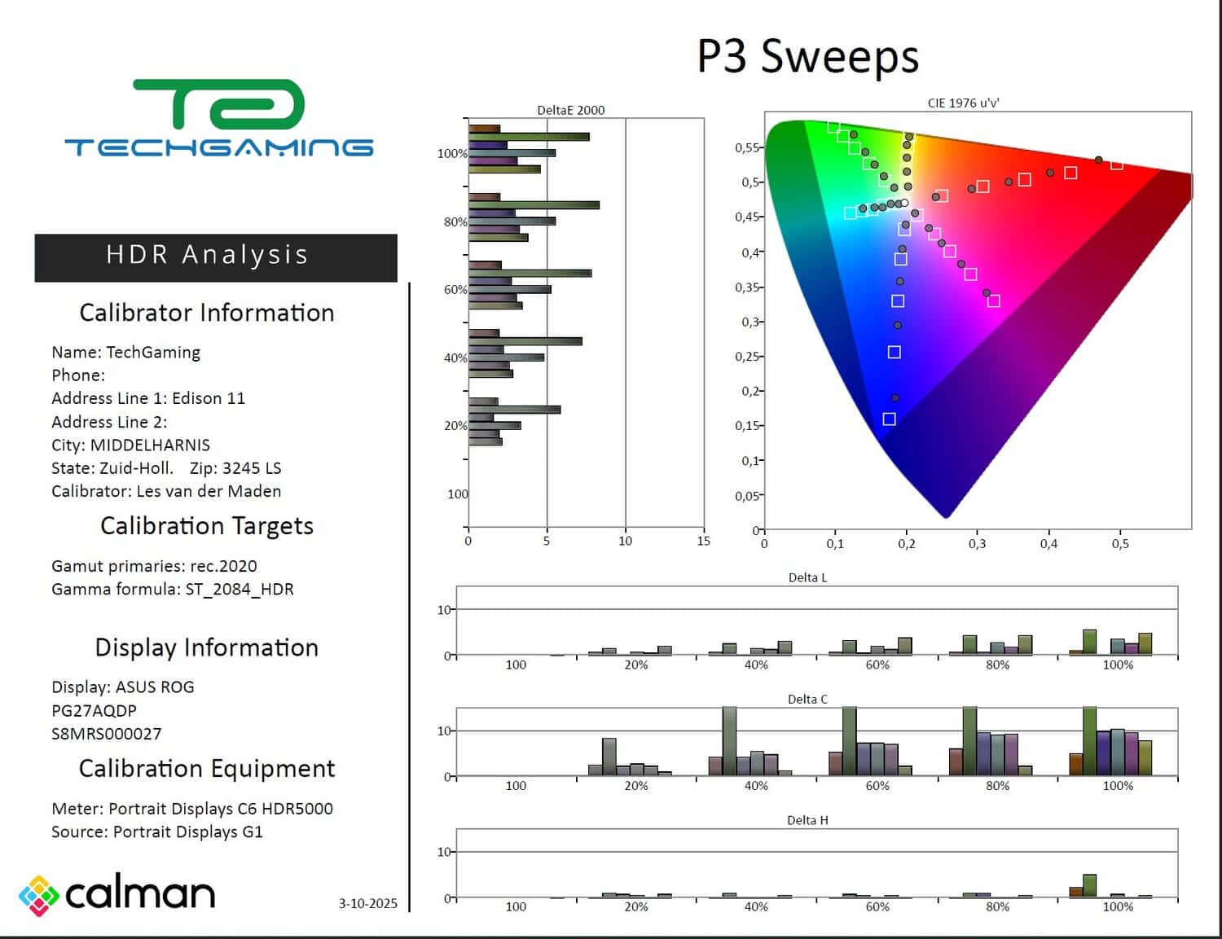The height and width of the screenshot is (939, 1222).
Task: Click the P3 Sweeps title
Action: pyautogui.click(x=807, y=57)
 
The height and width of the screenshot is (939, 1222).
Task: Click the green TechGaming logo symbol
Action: pyautogui.click(x=218, y=104)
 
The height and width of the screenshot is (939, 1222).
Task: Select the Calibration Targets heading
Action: pyautogui.click(x=207, y=526)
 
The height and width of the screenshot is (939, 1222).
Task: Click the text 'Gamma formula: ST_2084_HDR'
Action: pyautogui.click(x=173, y=589)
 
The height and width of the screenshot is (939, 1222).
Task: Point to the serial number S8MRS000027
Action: pyautogui.click(x=107, y=734)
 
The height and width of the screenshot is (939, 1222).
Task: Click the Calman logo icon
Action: pyautogui.click(x=38, y=895)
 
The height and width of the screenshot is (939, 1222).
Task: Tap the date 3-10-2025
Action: pyautogui.click(x=368, y=903)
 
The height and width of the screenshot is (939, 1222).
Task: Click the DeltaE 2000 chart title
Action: pyautogui.click(x=571, y=110)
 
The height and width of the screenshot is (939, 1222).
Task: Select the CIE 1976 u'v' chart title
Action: pyautogui.click(x=964, y=103)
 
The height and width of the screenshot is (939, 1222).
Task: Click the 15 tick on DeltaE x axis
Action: pyautogui.click(x=704, y=541)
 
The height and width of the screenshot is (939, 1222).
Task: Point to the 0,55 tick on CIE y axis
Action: pyautogui.click(x=747, y=147)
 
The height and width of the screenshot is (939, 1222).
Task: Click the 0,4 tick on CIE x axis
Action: pyautogui.click(x=1048, y=544)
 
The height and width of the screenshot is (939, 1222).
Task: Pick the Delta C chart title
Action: pyautogui.click(x=807, y=699)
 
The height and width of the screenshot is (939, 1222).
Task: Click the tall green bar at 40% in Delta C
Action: pyautogui.click(x=729, y=741)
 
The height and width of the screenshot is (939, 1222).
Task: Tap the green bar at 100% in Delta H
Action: pyautogui.click(x=1089, y=885)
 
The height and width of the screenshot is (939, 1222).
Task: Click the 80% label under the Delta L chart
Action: pyautogui.click(x=997, y=665)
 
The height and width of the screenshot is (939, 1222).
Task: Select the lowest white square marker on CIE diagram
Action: pyautogui.click(x=889, y=419)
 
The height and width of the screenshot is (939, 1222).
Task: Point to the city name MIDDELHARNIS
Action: pyautogui.click(x=150, y=445)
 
